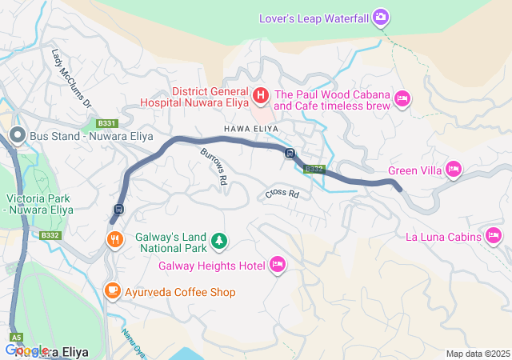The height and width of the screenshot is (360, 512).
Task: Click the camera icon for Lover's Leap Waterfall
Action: click(382, 17)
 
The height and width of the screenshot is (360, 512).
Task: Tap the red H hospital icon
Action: click(260, 97)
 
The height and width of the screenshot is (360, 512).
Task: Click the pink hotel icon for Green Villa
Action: click(454, 169)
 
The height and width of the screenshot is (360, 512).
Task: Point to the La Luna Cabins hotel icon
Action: click(494, 236)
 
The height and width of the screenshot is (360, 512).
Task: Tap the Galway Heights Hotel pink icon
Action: click(278, 265)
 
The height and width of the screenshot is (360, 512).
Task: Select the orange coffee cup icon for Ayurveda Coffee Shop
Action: click(113, 291)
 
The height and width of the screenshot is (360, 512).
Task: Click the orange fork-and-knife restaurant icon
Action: click(116, 238)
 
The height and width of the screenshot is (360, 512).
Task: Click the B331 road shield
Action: click(107, 123)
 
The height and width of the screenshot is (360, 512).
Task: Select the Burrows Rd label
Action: click(214, 168)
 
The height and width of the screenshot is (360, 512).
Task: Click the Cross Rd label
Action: click(282, 194)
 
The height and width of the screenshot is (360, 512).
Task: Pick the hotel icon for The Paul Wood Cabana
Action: click(402, 98)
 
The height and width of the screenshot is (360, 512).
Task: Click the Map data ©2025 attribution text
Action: click(477, 354)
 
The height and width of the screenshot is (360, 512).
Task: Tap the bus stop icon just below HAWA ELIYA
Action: click(290, 154)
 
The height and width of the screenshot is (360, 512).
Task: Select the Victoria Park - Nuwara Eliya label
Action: click(39, 204)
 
